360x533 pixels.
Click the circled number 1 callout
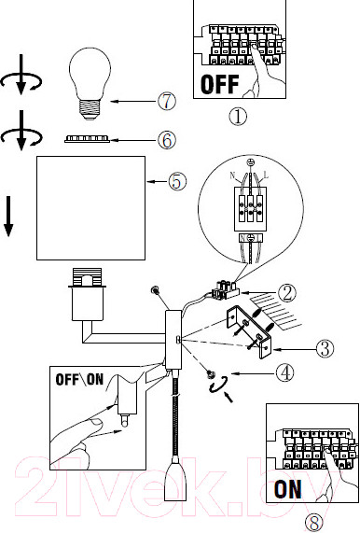pos(238,117)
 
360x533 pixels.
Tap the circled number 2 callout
pos(287,293)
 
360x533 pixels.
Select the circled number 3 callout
pos(325,348)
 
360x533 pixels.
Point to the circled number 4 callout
pos(284,372)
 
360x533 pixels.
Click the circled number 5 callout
pos(177,181)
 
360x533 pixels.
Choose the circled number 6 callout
pos(167,140)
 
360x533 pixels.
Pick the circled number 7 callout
pos(167,101)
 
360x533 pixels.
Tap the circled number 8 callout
pos(313,523)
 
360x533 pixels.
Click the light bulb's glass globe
pos(90,73)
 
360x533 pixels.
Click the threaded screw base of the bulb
pos(90,109)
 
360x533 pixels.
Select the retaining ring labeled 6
pos(88,139)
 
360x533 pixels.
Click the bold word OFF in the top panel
pos(220,84)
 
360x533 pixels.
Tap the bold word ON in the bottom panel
pos(287,489)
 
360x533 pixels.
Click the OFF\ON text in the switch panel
pos(79,379)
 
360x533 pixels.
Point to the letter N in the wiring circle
pos(232,175)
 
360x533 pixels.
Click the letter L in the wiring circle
pos(266,175)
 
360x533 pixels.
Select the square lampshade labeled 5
pos(91,208)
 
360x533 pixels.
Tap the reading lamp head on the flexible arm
pos(175,479)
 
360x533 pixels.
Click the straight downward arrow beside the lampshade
pos(8,217)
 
